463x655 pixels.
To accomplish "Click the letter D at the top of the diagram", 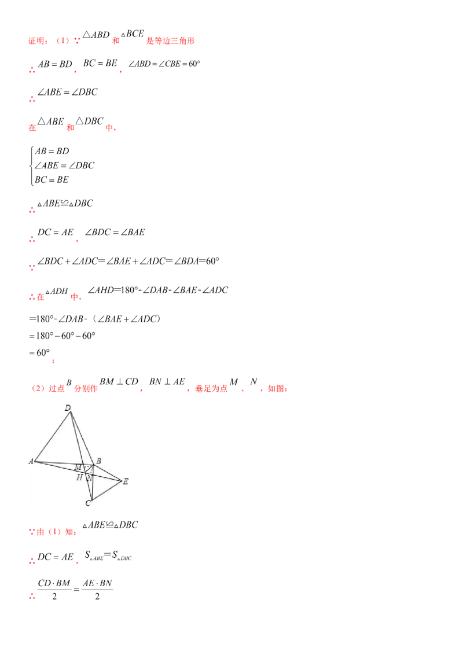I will tap(68, 409).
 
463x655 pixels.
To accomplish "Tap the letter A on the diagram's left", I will tap(31, 461).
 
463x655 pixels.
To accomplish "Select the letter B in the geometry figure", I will tap(99, 461).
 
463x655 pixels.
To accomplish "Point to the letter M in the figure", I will tap(78, 467).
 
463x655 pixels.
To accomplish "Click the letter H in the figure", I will tap(79, 477).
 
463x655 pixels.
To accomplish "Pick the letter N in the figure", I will tap(89, 477).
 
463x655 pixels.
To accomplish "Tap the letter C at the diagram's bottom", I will tap(87, 503).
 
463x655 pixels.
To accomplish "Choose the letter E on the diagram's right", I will tap(126, 481).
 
